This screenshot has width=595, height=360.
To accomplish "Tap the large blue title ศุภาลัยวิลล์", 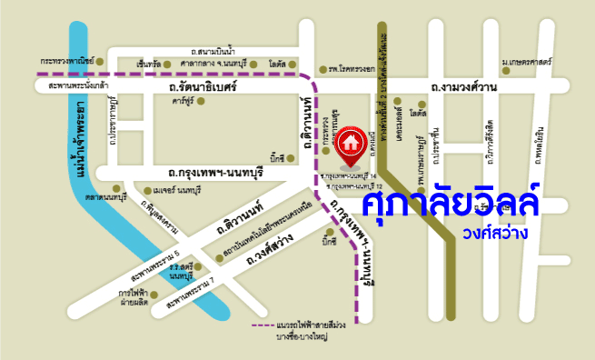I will (451, 201).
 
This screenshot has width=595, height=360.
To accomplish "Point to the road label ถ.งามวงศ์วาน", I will (464, 86).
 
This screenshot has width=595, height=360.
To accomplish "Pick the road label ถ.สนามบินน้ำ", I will (214, 52).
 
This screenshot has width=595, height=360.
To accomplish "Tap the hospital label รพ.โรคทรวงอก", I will (352, 69).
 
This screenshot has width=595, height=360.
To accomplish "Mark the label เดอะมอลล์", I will (402, 133).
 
